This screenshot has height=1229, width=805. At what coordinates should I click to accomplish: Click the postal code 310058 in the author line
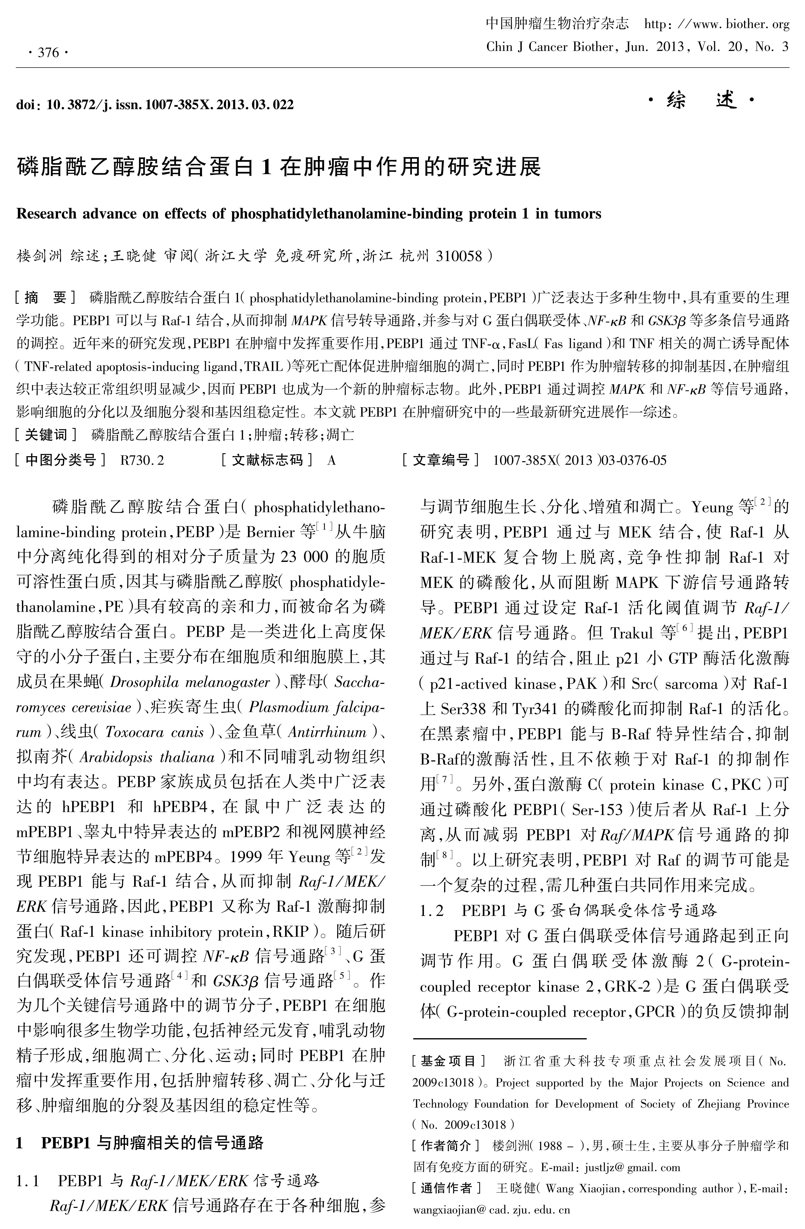pyautogui.click(x=459, y=256)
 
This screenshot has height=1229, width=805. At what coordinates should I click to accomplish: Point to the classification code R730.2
pyautogui.click(x=142, y=460)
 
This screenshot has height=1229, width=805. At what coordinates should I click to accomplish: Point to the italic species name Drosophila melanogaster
pyautogui.click(x=190, y=682)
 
